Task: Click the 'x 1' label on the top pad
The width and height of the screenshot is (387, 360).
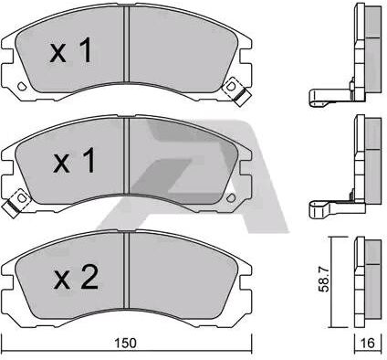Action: coord(70,50)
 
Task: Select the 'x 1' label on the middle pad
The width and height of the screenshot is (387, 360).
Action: coord(74,161)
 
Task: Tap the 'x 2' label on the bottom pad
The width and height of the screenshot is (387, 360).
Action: coord(76,277)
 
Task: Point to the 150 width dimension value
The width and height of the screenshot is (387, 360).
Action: coord(126,344)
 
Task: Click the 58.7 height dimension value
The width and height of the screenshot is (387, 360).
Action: coord(324,279)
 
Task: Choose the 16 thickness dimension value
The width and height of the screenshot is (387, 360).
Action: coord(368,343)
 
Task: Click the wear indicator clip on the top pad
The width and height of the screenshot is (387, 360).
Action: coord(236,90)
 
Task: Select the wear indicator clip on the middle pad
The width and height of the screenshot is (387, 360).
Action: coord(16,202)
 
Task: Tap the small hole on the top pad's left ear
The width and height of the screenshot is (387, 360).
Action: coord(22,86)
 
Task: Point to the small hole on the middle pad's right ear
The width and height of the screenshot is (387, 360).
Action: coord(231,198)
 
